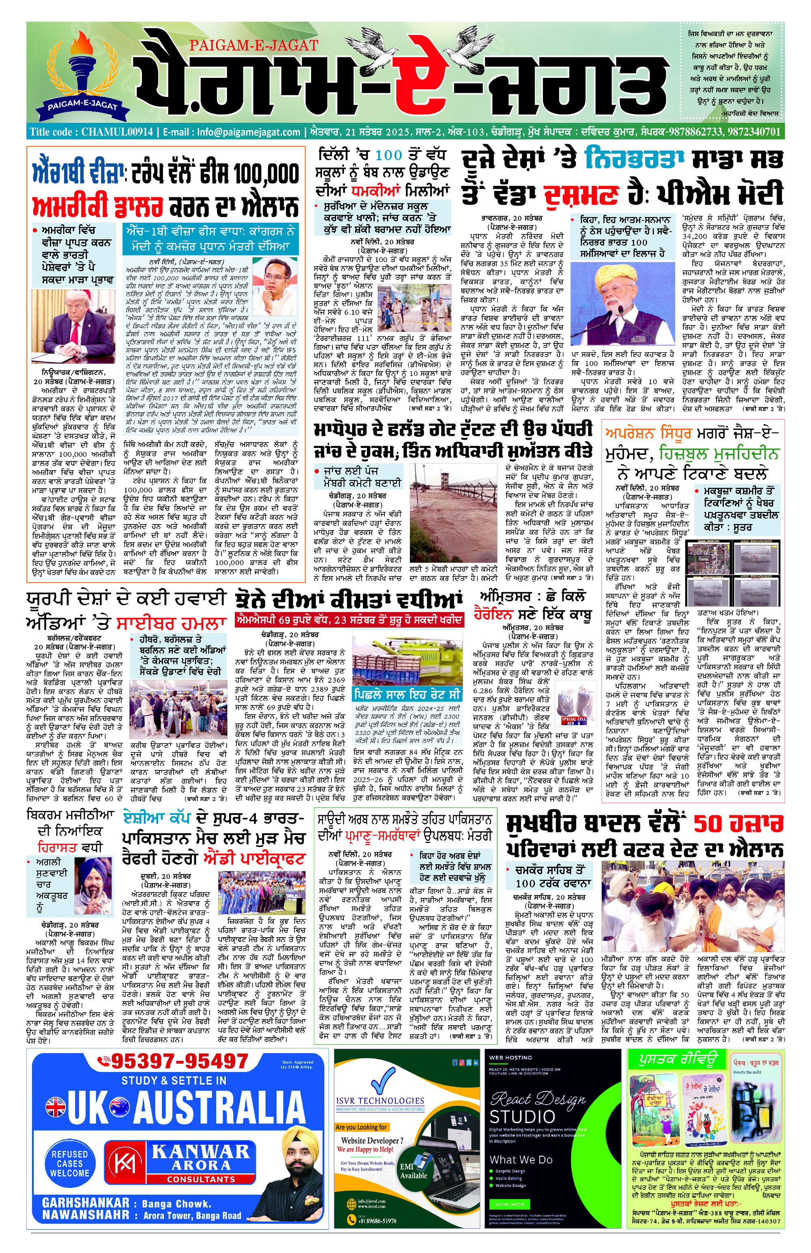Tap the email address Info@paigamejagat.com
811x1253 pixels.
(x=249, y=132)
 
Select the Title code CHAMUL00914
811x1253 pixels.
(x=92, y=132)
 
